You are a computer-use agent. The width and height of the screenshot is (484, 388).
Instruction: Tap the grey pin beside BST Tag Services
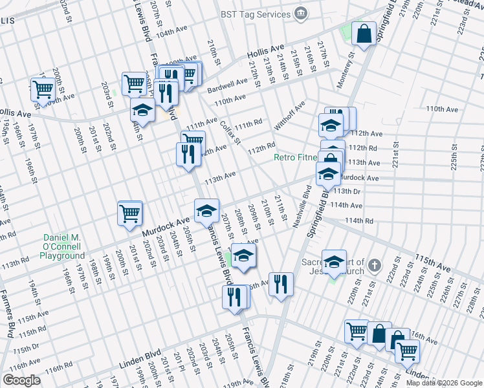click(x=301, y=14)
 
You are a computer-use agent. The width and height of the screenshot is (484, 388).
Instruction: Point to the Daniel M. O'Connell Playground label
click(x=61, y=247)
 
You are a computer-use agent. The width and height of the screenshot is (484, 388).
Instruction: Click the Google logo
click(x=21, y=380)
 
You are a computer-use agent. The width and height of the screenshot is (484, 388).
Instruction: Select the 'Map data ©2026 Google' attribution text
click(x=444, y=383)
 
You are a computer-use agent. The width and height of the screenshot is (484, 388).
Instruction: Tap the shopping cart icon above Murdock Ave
click(x=129, y=212)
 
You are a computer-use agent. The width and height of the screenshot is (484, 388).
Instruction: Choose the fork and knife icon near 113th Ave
click(x=186, y=154)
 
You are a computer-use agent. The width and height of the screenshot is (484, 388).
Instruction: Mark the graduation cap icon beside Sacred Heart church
click(x=334, y=261)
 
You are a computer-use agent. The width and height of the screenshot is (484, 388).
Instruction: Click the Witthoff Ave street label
click(x=290, y=114)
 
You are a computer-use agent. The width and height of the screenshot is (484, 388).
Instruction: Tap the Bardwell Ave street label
click(x=232, y=83)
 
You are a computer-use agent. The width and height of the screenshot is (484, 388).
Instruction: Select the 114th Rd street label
click(x=359, y=221)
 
